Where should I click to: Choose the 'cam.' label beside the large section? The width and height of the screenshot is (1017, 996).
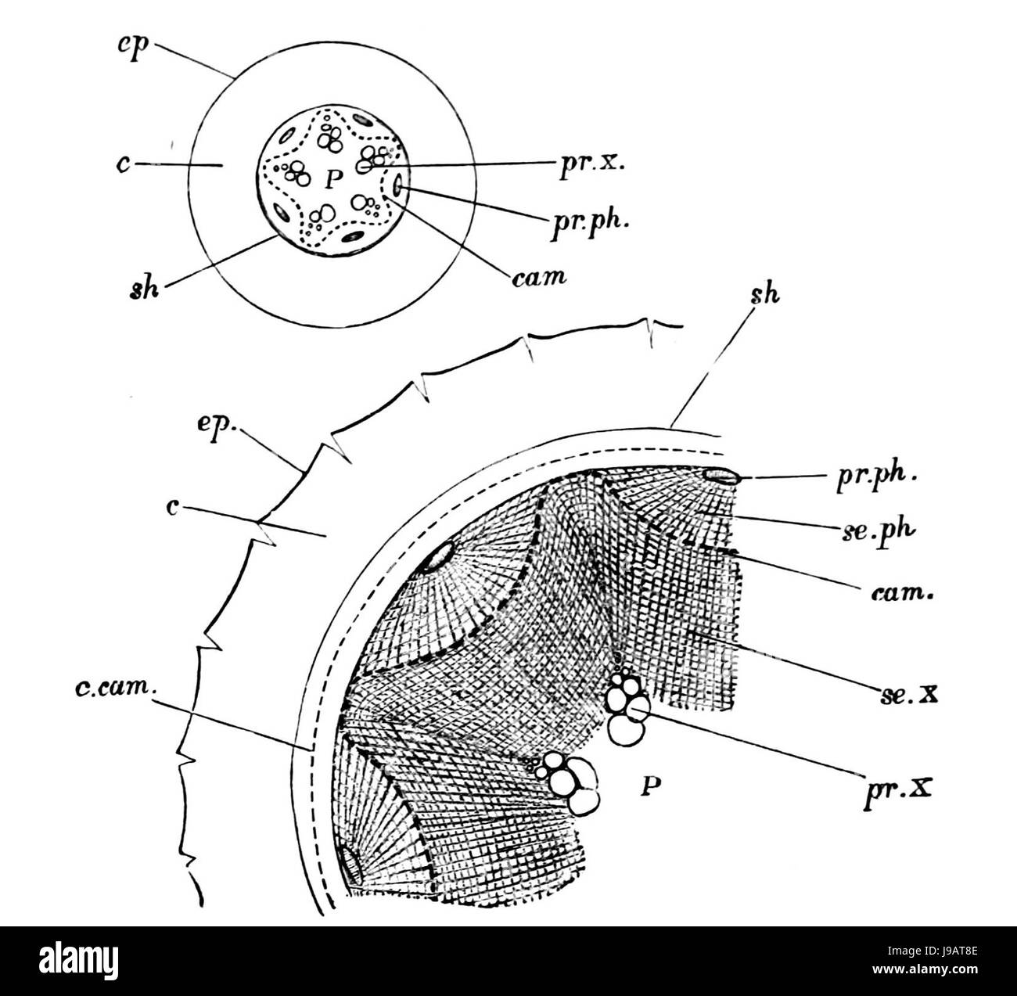[x=901, y=595]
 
